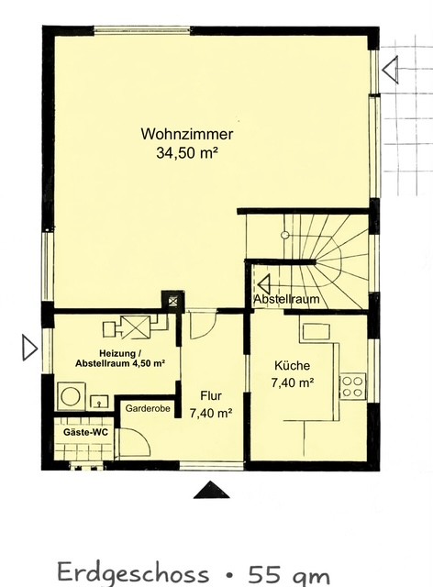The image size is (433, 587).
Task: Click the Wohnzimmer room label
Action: tap(187, 134)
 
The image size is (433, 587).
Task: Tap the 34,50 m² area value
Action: tap(187, 153)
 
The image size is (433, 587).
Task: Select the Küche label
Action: tap(292, 365)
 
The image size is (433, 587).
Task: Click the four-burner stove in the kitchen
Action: tap(353, 387)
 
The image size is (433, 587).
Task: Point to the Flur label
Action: tap(211, 395)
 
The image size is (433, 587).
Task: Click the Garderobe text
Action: tap(148, 408)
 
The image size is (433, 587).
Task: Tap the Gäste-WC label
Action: tap(86, 432)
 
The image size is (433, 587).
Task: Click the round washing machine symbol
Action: tap(71, 396)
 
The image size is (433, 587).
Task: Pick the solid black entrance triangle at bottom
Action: tap(212, 490)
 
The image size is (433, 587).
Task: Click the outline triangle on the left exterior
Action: tap(29, 348)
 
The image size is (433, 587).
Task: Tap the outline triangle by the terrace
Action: tap(390, 69)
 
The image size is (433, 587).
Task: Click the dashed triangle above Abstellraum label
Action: tap(263, 284)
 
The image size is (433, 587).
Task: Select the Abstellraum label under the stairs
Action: tap(286, 299)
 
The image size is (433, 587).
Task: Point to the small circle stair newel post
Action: tap(285, 235)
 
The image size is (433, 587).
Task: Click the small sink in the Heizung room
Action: tap(99, 402)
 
